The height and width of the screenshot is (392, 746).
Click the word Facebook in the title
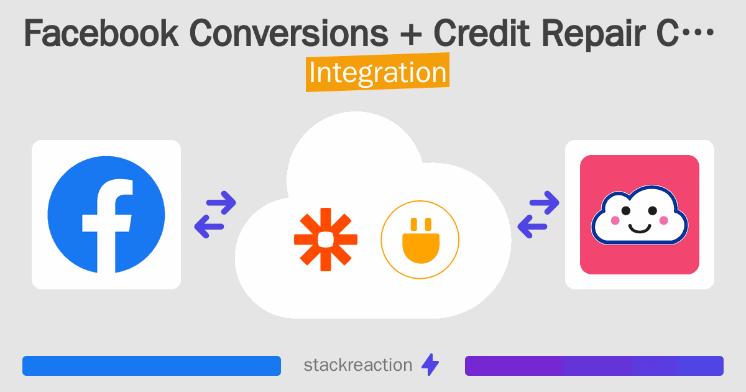coord(101,33)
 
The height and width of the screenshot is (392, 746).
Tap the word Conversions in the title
coord(288,33)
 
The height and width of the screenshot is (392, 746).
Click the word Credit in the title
coord(482,33)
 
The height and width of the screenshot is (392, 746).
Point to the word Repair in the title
coord(594,35)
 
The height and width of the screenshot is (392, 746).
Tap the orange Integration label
coord(378,72)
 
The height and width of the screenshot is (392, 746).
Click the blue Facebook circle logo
coord(106,214)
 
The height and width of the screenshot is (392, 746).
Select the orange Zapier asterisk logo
coord(326,240)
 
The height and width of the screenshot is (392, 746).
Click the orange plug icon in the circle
coord(421,240)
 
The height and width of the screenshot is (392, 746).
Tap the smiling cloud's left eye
coord(626,211)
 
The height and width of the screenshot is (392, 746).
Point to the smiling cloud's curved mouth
coord(640,229)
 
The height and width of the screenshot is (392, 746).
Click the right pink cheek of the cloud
coord(664,220)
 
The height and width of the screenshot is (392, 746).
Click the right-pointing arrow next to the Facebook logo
coord(221,202)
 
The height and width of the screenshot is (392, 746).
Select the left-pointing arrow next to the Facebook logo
coord(209,226)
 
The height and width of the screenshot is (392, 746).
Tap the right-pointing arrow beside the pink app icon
coord(544,202)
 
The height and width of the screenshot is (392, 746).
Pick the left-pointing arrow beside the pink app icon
coord(532,226)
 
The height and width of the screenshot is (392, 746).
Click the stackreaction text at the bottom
coord(358,365)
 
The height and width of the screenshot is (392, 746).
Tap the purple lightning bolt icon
coord(430,365)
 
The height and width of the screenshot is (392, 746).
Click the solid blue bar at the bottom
coord(152,366)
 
